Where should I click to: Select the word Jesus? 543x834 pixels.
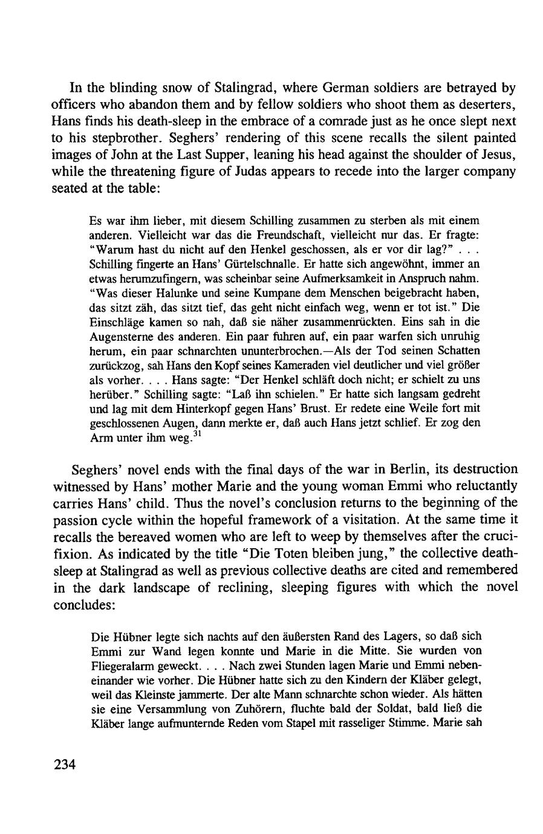click(496, 154)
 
